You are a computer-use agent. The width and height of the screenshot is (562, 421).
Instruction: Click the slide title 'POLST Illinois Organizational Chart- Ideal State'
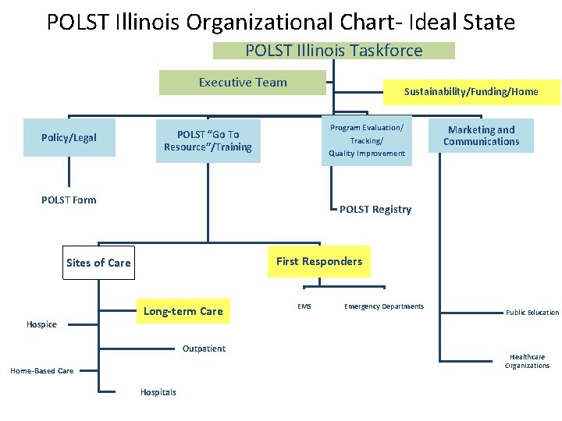(280, 22)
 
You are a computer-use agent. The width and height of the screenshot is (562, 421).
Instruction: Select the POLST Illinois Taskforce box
(333, 51)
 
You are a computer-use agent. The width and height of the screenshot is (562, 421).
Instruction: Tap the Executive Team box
(242, 83)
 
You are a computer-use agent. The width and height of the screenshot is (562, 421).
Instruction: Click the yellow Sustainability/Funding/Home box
(471, 92)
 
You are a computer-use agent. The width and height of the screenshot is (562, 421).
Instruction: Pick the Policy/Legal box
(69, 138)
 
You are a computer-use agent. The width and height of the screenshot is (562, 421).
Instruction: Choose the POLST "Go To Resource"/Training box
(208, 141)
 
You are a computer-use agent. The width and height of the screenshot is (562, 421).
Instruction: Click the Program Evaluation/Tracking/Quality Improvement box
(366, 140)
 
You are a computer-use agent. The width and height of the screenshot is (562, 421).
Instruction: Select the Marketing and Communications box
(481, 136)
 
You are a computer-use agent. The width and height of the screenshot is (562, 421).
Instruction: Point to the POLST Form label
(69, 200)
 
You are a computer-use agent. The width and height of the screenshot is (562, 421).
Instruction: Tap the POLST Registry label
(375, 210)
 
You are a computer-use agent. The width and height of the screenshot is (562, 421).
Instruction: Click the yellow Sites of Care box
(98, 263)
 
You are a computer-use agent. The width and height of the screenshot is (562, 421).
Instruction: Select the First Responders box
(318, 261)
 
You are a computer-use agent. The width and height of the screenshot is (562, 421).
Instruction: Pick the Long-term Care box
(183, 311)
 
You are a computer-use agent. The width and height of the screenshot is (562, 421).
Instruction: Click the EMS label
(304, 306)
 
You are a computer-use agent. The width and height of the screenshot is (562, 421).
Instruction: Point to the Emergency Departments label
(383, 306)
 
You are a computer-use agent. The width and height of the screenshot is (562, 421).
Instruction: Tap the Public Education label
(532, 313)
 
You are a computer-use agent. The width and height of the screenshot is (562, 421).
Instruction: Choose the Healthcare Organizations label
(528, 361)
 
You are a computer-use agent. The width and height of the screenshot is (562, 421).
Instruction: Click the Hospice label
(41, 324)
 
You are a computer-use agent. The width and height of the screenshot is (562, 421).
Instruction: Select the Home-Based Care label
(42, 371)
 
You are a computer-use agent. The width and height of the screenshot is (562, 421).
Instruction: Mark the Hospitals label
(158, 392)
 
